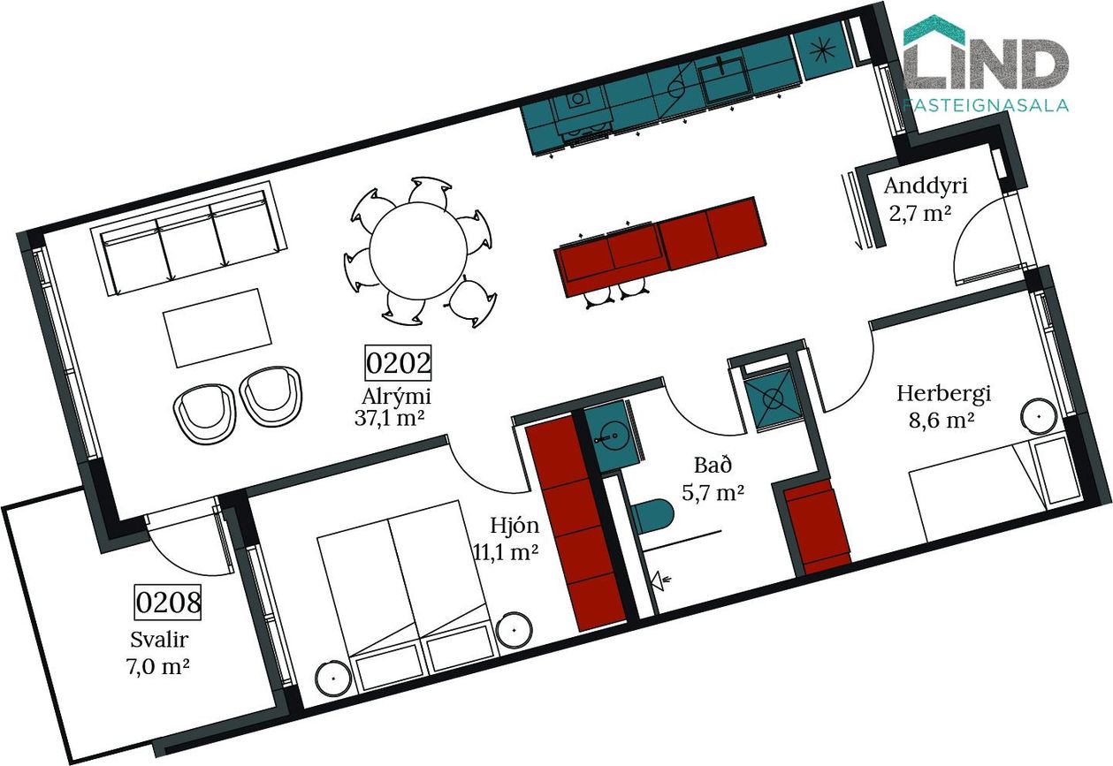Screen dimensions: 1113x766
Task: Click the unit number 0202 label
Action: [398, 363]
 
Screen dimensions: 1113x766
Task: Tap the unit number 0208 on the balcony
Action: [168, 603]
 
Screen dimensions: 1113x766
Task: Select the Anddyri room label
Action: [926, 186]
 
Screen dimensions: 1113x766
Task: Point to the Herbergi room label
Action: [943, 394]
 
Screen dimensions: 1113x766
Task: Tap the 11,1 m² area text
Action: [506, 551]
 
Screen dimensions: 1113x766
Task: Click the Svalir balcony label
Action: [159, 640]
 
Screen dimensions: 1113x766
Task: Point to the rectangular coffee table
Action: [217, 328]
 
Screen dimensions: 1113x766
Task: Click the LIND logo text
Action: [986, 58]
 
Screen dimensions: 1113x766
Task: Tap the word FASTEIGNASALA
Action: [986, 105]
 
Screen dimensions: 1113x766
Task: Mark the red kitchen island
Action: [659, 246]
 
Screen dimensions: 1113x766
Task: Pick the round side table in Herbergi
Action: [1039, 416]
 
